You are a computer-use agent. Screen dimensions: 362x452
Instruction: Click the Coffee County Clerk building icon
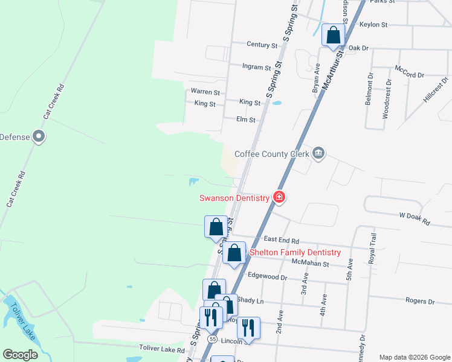[x=320, y=154]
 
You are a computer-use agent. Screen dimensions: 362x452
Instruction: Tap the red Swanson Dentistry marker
[x=279, y=197]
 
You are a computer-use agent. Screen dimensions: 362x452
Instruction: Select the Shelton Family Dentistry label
[x=295, y=252]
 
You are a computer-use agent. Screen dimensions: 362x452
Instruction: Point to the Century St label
[x=262, y=45]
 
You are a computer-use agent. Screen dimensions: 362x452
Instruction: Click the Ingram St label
[x=256, y=68]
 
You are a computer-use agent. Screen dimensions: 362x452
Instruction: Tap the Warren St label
[x=205, y=92]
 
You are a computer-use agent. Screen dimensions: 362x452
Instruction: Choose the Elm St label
[x=246, y=120]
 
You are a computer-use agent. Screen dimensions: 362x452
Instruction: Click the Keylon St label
[x=373, y=25]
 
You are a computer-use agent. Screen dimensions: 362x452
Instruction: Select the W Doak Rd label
[x=414, y=218]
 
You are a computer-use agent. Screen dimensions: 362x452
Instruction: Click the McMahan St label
[x=309, y=263]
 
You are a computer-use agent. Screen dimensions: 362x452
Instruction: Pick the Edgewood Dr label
[x=268, y=277]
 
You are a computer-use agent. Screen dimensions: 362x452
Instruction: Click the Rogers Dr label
[x=420, y=300]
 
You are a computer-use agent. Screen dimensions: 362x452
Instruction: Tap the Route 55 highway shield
[x=212, y=340]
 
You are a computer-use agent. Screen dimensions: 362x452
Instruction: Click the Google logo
[x=20, y=355]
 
